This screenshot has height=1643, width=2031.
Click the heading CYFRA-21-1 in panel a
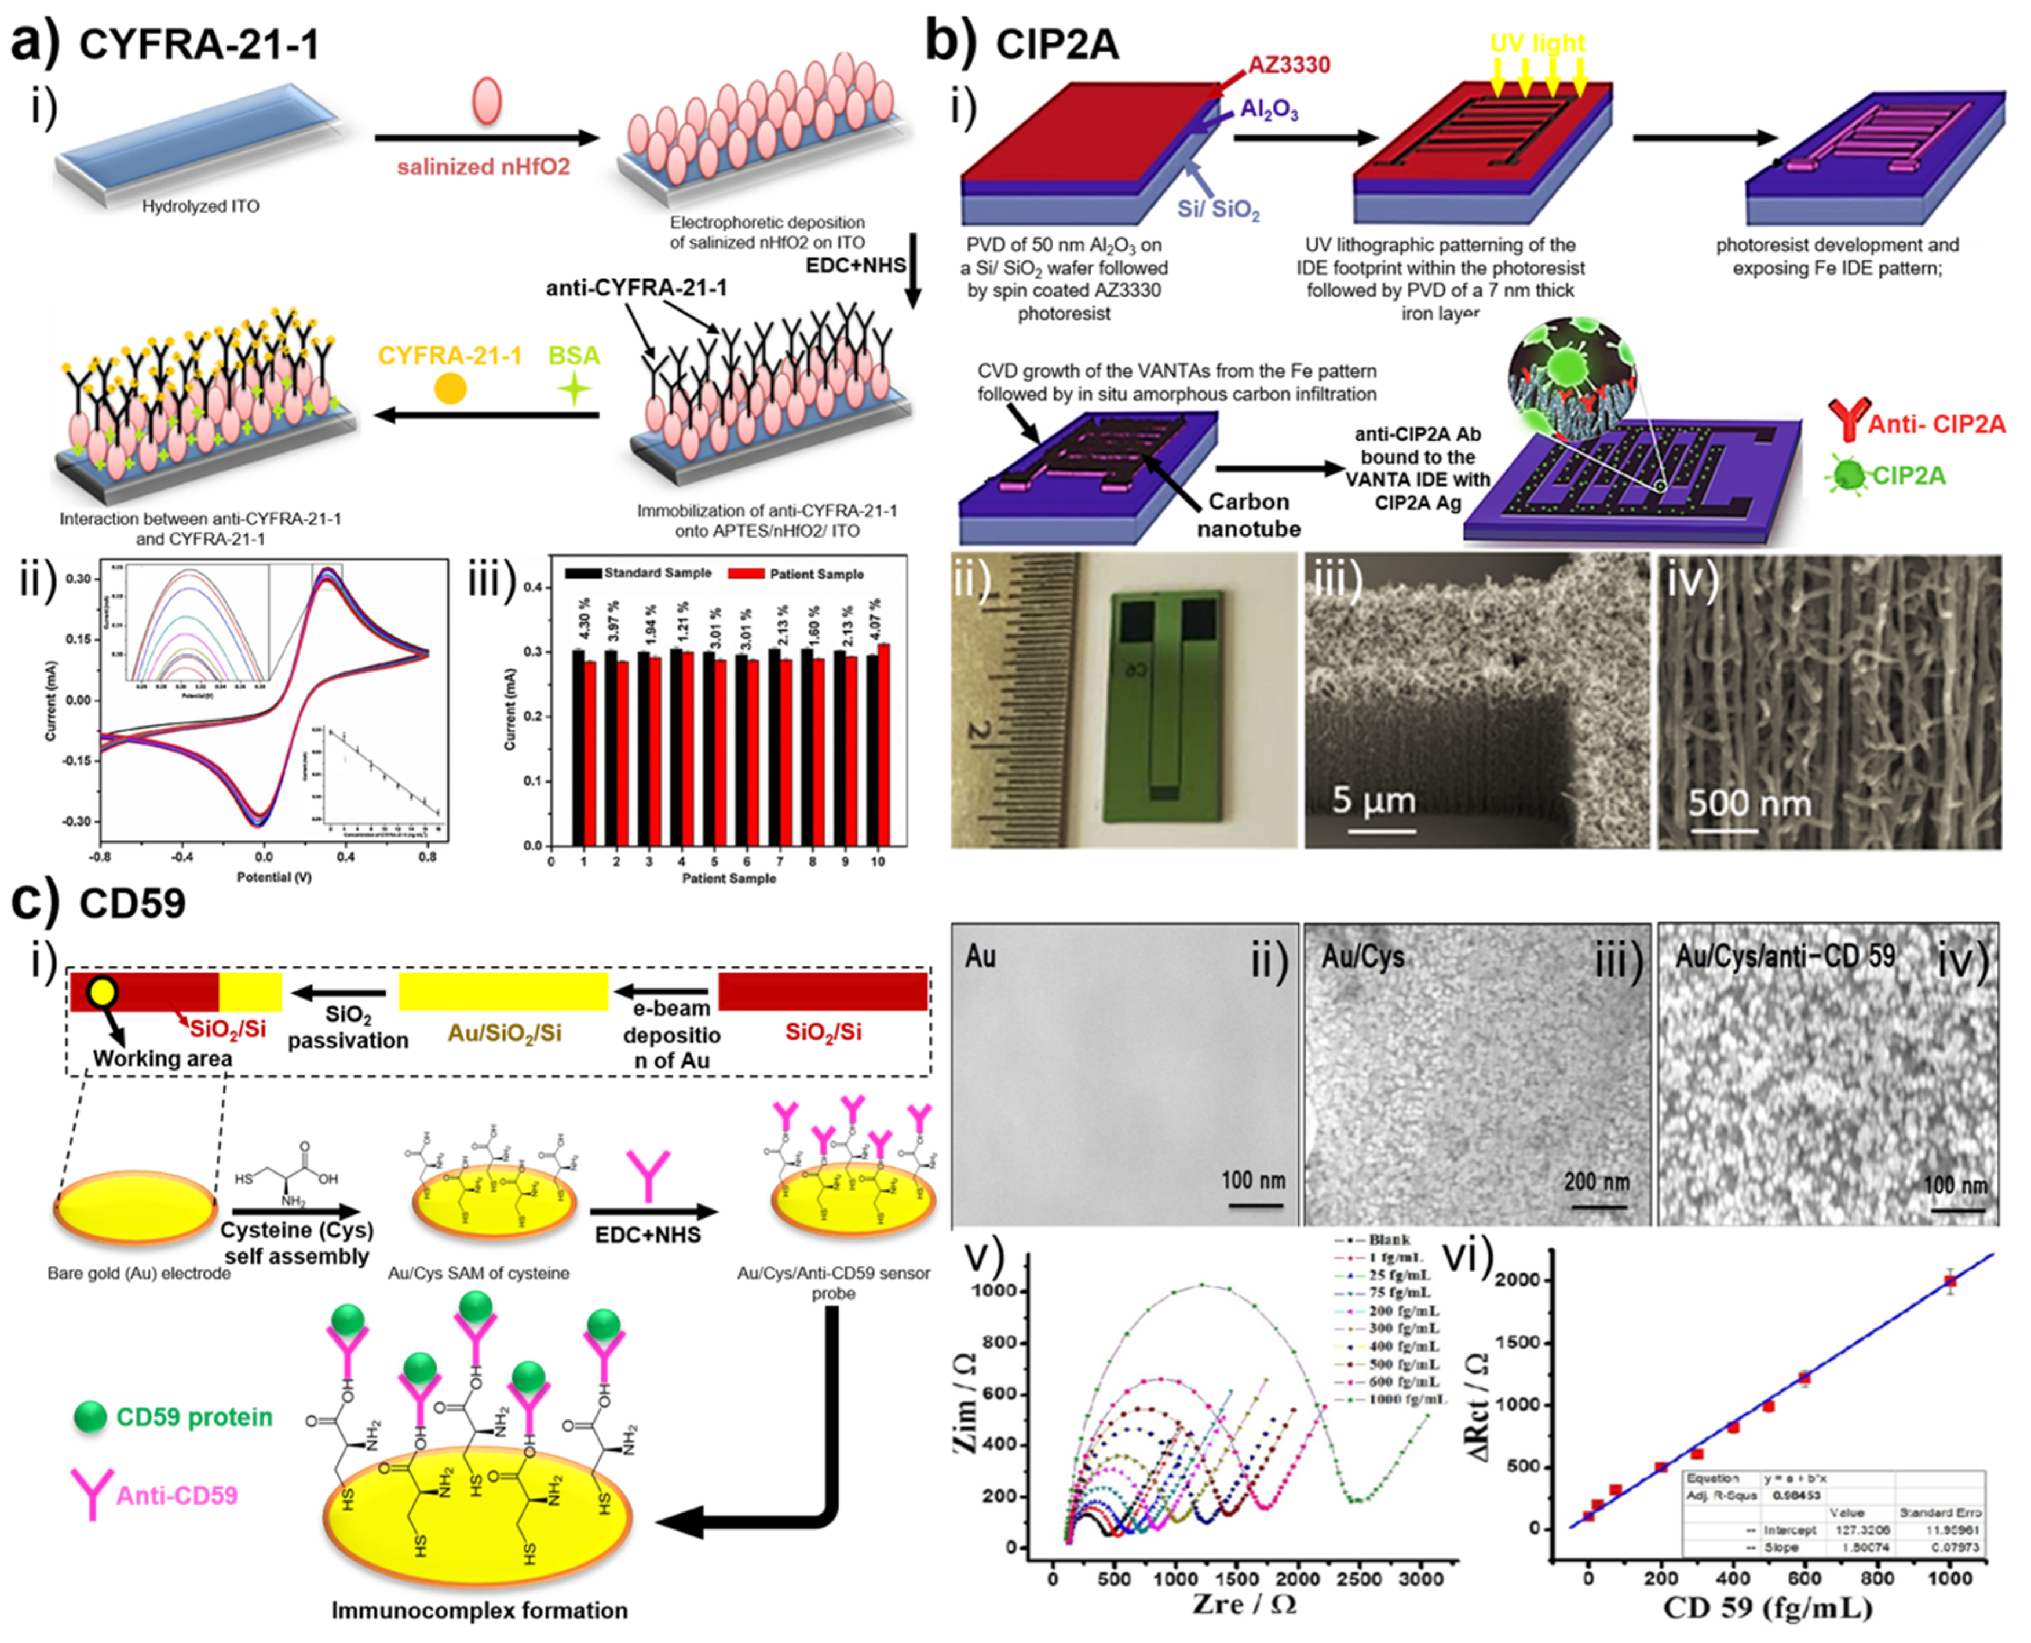click(199, 45)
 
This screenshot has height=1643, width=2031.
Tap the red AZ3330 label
click(1288, 64)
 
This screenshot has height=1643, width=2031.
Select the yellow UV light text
click(1537, 43)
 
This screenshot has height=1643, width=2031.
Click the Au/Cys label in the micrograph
click(1363, 957)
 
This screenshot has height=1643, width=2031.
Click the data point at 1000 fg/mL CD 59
click(1949, 1280)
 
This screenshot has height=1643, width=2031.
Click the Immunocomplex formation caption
click(479, 1610)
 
